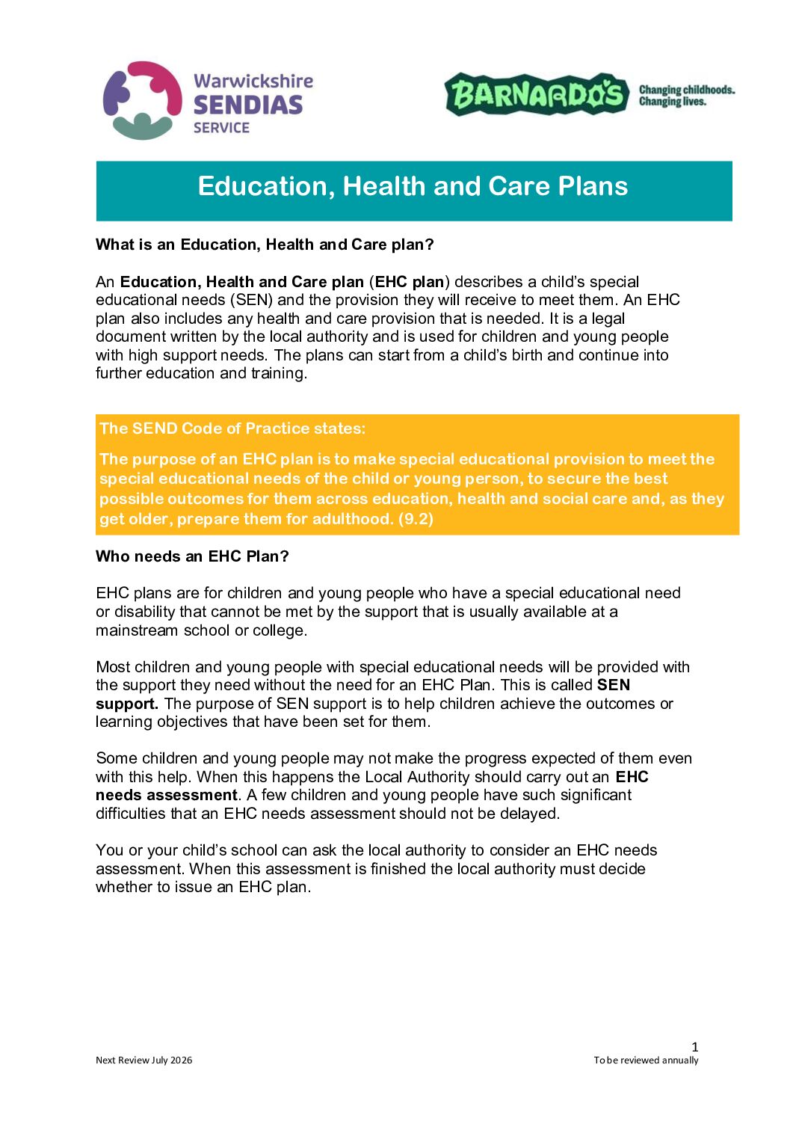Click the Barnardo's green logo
coord(537,94)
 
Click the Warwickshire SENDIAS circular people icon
coord(142,100)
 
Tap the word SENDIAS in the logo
coord(247,105)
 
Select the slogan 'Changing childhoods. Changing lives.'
coord(686,95)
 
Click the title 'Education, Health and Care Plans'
coord(413,186)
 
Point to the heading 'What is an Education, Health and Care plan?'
coord(265,245)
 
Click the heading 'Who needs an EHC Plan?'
coord(192,556)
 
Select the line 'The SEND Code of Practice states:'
coord(232,429)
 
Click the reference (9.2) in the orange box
coord(416,519)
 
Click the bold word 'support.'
coord(127,704)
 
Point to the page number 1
coord(695,1047)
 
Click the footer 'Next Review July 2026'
coord(144,1060)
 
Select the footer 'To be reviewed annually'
coord(646,1060)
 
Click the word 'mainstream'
coord(135,630)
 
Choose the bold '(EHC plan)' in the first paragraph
coord(410,282)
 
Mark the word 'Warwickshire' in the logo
coord(253,81)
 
